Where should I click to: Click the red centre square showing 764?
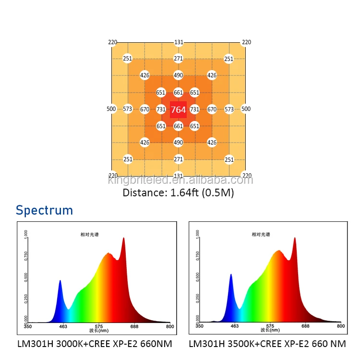178,109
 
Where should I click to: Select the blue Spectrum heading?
44,210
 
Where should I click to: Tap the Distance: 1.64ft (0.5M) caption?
178,193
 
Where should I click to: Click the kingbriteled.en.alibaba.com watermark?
180,180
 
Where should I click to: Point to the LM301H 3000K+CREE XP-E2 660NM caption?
95,344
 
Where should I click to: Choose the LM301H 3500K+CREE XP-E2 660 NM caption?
267,344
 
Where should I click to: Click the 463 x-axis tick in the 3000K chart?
63,326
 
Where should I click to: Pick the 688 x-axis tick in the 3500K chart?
306,326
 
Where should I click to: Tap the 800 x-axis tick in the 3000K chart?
169,326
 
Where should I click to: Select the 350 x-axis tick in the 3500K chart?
199,326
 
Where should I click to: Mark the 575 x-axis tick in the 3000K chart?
99,326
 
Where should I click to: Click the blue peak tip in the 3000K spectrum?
60,281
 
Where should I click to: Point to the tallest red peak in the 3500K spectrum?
294,238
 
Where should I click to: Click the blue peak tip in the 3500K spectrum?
231,275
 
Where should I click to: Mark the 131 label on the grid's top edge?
179,42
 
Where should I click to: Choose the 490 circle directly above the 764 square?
178,75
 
